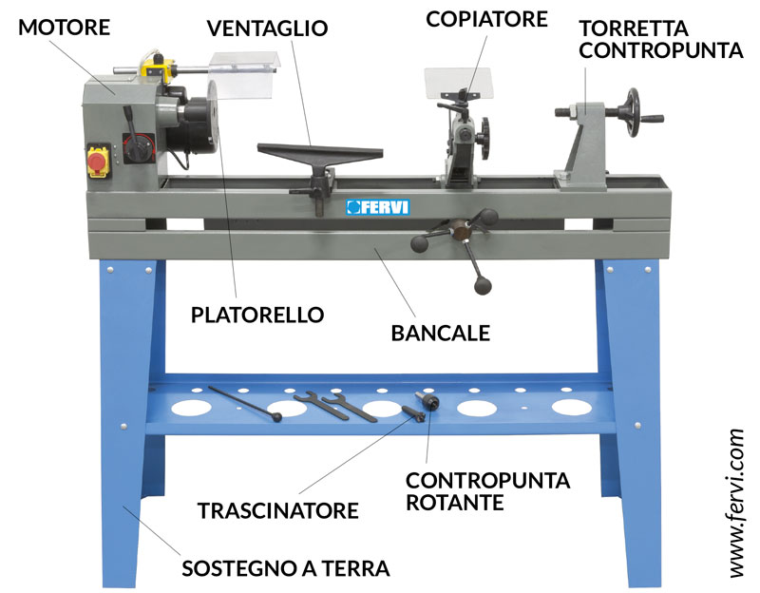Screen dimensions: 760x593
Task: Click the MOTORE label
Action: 64,28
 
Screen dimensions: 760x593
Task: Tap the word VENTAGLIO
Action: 268,29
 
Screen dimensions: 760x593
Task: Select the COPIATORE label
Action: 486,19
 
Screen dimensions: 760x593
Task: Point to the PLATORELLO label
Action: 257,316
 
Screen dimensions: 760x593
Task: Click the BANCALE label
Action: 441,334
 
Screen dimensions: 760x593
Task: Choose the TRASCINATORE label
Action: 278,511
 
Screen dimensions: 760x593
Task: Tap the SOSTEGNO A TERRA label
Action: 286,568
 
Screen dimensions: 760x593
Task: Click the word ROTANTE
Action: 455,503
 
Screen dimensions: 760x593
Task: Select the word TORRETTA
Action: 634,29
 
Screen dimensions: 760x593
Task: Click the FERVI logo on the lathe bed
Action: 378,207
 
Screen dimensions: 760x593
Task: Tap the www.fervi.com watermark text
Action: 737,504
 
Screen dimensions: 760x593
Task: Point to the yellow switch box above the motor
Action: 158,67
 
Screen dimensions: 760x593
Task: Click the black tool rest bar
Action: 320,152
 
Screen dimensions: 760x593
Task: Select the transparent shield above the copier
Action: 458,83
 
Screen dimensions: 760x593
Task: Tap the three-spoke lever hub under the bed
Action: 460,229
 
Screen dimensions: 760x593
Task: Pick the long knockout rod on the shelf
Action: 245,404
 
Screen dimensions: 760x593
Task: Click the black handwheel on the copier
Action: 484,137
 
